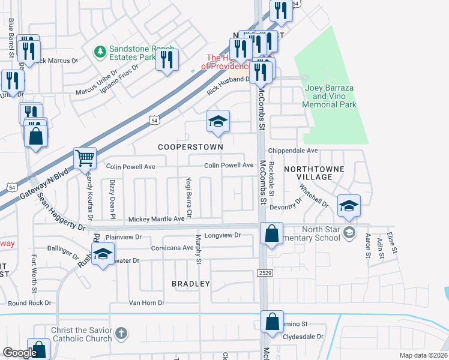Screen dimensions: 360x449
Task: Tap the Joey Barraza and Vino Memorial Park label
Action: click(330, 96)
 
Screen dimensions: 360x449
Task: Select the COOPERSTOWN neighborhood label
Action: click(190, 146)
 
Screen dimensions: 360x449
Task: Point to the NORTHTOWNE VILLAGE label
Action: click(314, 173)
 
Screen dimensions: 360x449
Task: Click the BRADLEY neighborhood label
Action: click(191, 283)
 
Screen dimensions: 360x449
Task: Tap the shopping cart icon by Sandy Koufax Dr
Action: click(85, 158)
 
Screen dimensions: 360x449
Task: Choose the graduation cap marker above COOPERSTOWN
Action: click(218, 121)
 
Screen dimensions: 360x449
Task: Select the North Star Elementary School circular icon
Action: click(349, 232)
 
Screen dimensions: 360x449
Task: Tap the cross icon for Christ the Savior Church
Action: click(121, 333)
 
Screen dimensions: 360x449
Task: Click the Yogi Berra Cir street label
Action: click(188, 197)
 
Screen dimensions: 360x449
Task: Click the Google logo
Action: click(20, 353)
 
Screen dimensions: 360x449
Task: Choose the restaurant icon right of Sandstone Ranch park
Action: click(167, 59)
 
